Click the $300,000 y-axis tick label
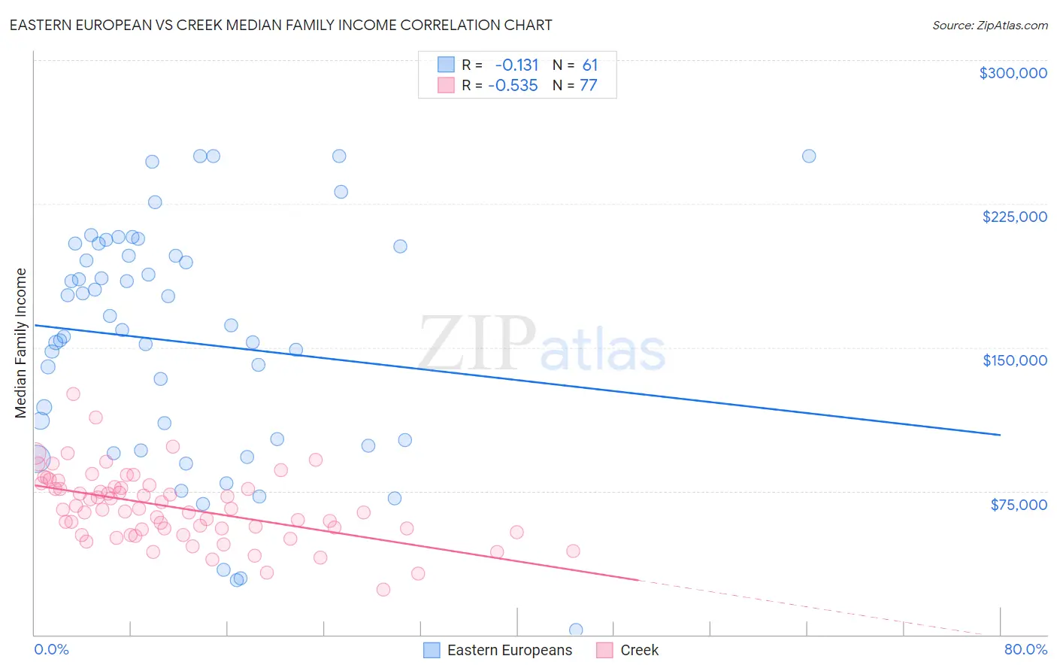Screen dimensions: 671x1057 (x=1013, y=73)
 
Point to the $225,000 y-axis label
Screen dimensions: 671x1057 (x=1014, y=217)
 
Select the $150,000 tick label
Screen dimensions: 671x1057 (x=1014, y=360)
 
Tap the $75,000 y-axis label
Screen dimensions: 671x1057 (x=1018, y=505)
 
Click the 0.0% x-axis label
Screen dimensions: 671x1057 (x=51, y=649)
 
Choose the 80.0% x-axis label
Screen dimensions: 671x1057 (x=1025, y=649)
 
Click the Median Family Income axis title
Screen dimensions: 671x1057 (x=21, y=343)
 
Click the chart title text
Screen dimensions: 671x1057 (x=280, y=25)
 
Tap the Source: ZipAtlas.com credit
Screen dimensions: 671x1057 (x=989, y=25)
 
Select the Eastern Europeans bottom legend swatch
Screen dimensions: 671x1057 (x=432, y=650)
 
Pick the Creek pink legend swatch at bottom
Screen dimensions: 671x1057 (x=604, y=650)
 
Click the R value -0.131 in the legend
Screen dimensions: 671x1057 (x=516, y=65)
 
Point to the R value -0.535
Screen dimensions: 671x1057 (x=513, y=86)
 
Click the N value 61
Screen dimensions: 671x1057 (x=589, y=65)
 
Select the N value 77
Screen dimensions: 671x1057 (x=588, y=86)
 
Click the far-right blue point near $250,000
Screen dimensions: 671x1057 (x=809, y=156)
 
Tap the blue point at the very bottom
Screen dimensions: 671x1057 (x=576, y=630)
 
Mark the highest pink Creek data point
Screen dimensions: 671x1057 (x=73, y=394)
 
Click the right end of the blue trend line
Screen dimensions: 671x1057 (x=1000, y=435)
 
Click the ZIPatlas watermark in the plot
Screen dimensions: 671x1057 (x=541, y=345)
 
